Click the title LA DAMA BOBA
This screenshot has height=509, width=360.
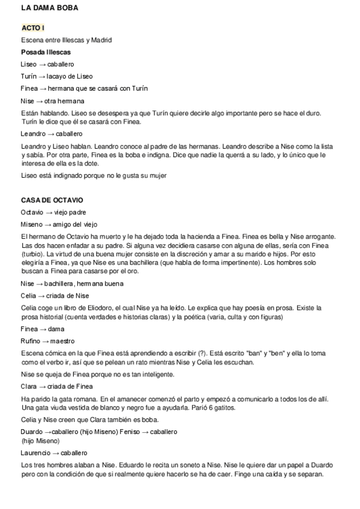(x=49, y=8)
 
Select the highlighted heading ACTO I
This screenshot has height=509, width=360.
(x=32, y=28)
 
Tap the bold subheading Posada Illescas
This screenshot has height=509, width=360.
(x=46, y=52)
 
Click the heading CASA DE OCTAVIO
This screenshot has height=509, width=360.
(x=52, y=200)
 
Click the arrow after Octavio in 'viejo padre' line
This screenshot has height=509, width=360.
(x=49, y=212)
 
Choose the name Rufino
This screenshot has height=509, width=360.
(x=31, y=341)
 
